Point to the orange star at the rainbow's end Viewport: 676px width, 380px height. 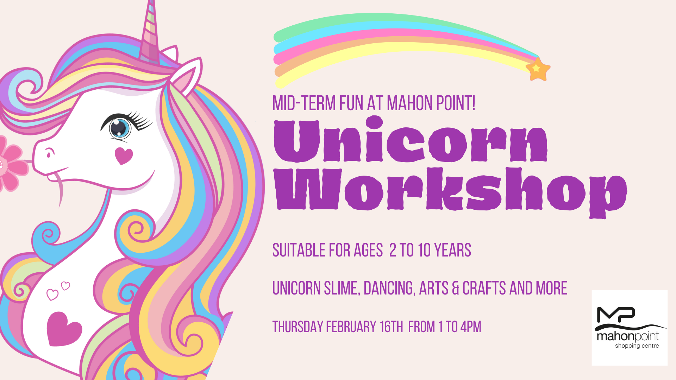pyautogui.click(x=538, y=69)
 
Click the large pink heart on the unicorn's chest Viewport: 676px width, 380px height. pyautogui.click(x=63, y=329)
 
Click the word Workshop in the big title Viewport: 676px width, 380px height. pyautogui.click(x=451, y=192)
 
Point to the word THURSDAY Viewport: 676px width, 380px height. pyautogui.click(x=298, y=327)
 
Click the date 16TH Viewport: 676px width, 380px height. pyautogui.click(x=391, y=327)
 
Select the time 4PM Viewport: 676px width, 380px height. pyautogui.click(x=471, y=327)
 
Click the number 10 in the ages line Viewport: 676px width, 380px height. pyautogui.click(x=424, y=250)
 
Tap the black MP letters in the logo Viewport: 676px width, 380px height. pyautogui.click(x=616, y=315)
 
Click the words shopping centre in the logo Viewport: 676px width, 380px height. pyautogui.click(x=637, y=346)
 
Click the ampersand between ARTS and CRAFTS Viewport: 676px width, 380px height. pyautogui.click(x=455, y=288)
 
